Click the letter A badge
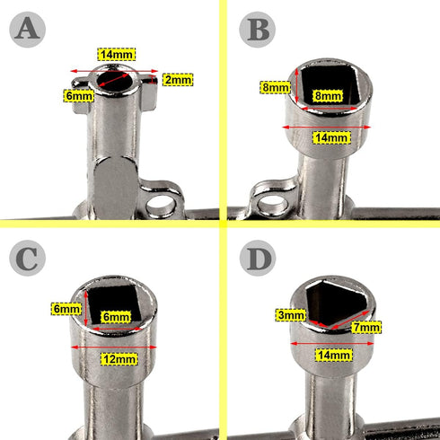point(27,30)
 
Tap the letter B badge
point(257,30)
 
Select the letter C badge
point(27,258)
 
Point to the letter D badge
point(258,258)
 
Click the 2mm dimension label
point(178,80)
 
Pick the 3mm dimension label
point(290,315)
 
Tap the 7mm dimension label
point(366,327)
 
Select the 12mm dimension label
point(119,359)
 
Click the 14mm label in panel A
point(117,55)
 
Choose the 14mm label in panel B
point(331,137)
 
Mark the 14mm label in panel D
point(334,355)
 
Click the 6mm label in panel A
point(78,96)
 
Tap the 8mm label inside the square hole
point(328,96)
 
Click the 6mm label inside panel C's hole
point(116,317)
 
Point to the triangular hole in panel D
point(335,303)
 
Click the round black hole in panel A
point(116,81)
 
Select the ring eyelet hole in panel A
point(160,207)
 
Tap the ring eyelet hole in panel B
point(272,206)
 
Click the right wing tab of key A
point(149,92)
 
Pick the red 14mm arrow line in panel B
point(327,128)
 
